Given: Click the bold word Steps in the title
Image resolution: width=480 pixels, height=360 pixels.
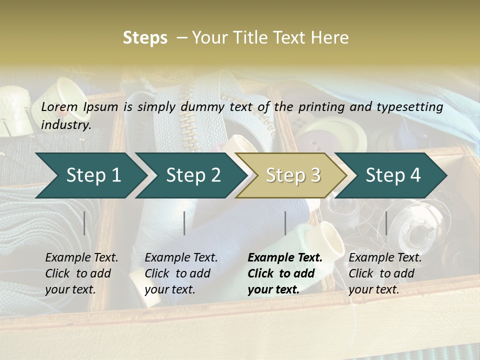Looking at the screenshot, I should pyautogui.click(x=145, y=38).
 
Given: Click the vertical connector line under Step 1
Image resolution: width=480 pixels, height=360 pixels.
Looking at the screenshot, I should pyautogui.click(x=84, y=223).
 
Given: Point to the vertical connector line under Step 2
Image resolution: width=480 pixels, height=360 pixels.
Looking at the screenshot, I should pyautogui.click(x=184, y=223).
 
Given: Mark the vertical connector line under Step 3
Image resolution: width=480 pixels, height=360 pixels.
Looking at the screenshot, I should pyautogui.click(x=285, y=223).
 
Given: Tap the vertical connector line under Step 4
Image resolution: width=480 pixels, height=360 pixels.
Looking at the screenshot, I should pyautogui.click(x=386, y=223).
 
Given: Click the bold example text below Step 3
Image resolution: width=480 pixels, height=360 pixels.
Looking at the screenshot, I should pyautogui.click(x=285, y=273).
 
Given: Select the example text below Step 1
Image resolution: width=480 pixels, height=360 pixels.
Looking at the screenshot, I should pyautogui.click(x=81, y=273).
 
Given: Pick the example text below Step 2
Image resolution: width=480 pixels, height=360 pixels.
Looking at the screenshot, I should pyautogui.click(x=181, y=273).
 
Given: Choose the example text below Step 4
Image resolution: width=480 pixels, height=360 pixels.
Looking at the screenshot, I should pyautogui.click(x=385, y=273).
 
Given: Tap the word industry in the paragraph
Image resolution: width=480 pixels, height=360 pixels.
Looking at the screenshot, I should pyautogui.click(x=66, y=124).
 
